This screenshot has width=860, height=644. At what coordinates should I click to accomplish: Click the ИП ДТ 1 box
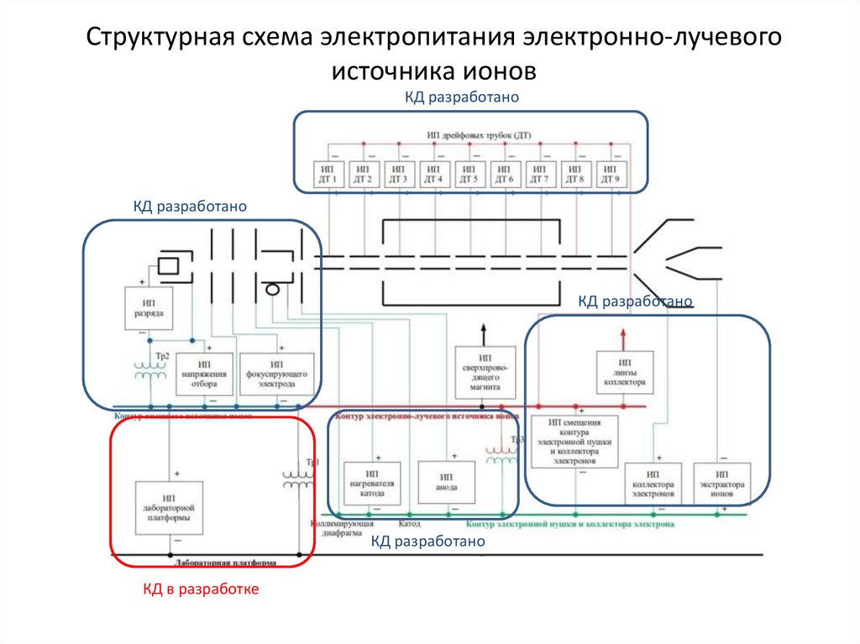coord(327,174)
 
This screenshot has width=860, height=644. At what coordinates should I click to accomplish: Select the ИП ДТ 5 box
coord(469,174)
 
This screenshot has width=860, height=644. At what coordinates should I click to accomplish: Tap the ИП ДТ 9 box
coord(611,174)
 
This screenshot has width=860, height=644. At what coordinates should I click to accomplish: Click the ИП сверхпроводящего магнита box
coord(482,371)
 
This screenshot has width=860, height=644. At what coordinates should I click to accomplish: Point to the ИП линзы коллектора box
coord(622,371)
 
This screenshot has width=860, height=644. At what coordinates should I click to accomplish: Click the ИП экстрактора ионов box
coord(721,484)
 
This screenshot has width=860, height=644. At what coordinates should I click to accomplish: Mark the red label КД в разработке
coord(200,589)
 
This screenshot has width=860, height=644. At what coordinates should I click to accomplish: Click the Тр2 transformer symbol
coord(152,369)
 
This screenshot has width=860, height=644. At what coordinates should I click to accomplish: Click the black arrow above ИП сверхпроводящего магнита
coord(482,331)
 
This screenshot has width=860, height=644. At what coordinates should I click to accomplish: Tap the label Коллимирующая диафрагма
coord(335,526)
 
